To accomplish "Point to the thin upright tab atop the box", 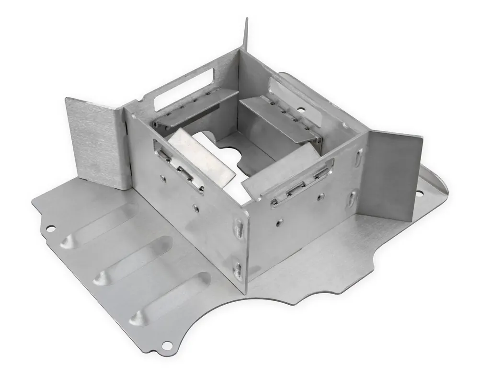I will [x=246, y=34].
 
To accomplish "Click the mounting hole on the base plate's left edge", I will [x=50, y=228].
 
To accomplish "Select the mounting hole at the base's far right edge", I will [x=419, y=194].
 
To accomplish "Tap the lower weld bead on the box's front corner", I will [x=238, y=270].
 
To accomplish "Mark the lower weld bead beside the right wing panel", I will [x=353, y=198].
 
